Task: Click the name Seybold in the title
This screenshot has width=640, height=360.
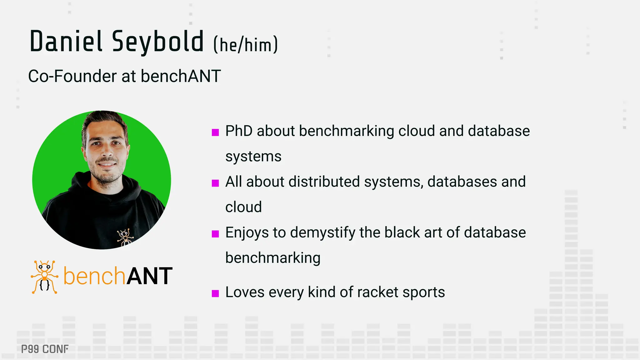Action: [x=158, y=42]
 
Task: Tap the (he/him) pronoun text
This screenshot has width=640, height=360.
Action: [x=246, y=45]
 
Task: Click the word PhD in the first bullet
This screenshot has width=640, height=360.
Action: [x=239, y=131]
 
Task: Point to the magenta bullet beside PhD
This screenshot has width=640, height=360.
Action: [x=215, y=132]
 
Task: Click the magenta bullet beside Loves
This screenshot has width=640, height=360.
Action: [x=215, y=293]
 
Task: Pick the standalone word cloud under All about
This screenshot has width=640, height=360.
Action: [x=243, y=207]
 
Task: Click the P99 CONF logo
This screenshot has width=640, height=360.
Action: [x=45, y=349]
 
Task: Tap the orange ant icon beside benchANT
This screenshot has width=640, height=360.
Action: [x=44, y=277]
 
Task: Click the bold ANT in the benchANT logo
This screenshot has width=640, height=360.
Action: [x=149, y=276]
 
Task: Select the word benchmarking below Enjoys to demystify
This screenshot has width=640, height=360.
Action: [x=273, y=258]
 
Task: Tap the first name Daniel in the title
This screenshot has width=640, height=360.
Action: [x=66, y=42]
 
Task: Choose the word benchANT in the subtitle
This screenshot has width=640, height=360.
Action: [x=181, y=76]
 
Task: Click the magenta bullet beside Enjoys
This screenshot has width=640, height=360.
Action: [x=215, y=234]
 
